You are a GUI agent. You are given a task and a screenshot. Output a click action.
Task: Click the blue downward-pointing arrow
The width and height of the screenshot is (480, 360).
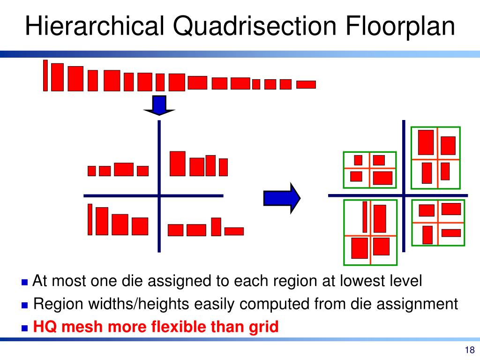tap(159, 105)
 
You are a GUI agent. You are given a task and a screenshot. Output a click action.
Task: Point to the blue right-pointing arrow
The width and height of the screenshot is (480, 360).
tap(281, 198)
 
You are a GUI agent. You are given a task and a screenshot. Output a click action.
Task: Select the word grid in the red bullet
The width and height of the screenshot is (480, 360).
tap(264, 326)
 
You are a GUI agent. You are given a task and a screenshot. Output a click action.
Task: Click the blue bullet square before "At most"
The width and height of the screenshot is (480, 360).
tap(25, 282)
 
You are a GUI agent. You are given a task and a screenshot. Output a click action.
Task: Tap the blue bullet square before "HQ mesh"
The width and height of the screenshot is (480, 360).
tap(25, 327)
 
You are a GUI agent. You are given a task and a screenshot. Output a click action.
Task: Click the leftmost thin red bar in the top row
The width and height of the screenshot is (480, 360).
tap(45, 75)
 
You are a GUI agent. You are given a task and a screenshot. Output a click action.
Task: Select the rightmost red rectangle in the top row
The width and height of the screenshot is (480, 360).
tap(306, 84)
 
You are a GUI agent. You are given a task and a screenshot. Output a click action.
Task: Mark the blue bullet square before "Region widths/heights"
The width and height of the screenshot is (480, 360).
tap(25, 305)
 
